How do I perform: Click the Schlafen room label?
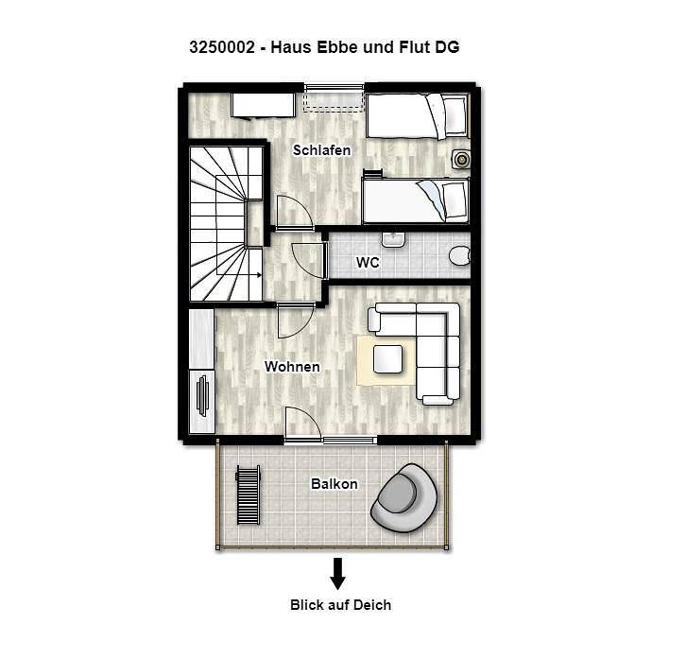321,150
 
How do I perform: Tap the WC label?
368,262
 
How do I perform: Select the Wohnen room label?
292,367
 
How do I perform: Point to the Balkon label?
334,484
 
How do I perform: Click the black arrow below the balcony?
337,574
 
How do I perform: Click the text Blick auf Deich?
340,605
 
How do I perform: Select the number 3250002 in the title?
222,47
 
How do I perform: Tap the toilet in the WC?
459,255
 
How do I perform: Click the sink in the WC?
393,239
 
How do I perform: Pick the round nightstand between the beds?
461,160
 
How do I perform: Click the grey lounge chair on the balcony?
403,498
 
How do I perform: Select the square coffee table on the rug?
387,359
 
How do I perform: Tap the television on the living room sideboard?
202,396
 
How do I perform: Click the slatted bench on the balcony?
249,494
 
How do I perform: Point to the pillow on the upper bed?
454,115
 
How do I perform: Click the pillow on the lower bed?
454,200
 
